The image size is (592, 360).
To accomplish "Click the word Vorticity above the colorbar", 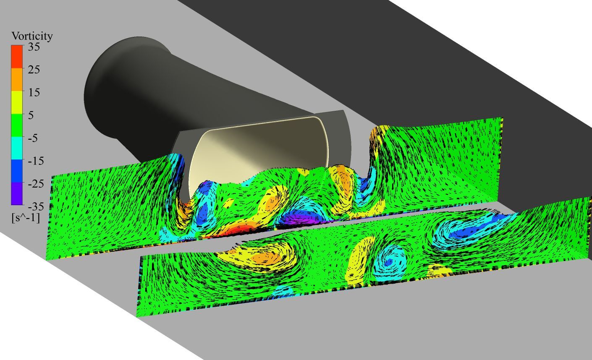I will (x=32, y=37).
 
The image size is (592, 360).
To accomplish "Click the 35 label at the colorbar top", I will (x=34, y=47).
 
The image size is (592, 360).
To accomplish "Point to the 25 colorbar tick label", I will (x=34, y=70).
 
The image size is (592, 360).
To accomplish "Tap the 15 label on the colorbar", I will (x=34, y=92).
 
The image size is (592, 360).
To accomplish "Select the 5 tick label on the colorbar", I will (x=31, y=115).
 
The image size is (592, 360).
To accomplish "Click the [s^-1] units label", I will (x=26, y=217).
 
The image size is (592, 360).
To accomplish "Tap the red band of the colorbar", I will (x=17, y=56).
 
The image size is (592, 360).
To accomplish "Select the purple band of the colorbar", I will (x=17, y=193).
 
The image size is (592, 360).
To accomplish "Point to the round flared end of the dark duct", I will (x=105, y=88).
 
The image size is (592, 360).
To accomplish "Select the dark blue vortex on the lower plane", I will (x=466, y=232).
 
